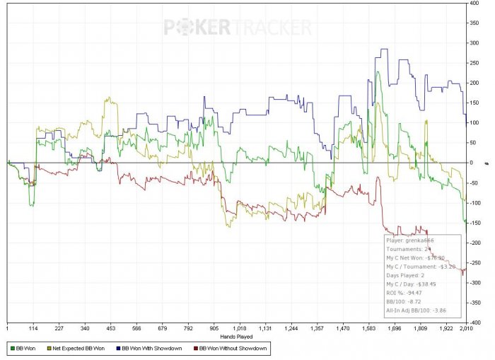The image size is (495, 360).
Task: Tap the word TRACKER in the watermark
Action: point(273,28)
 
